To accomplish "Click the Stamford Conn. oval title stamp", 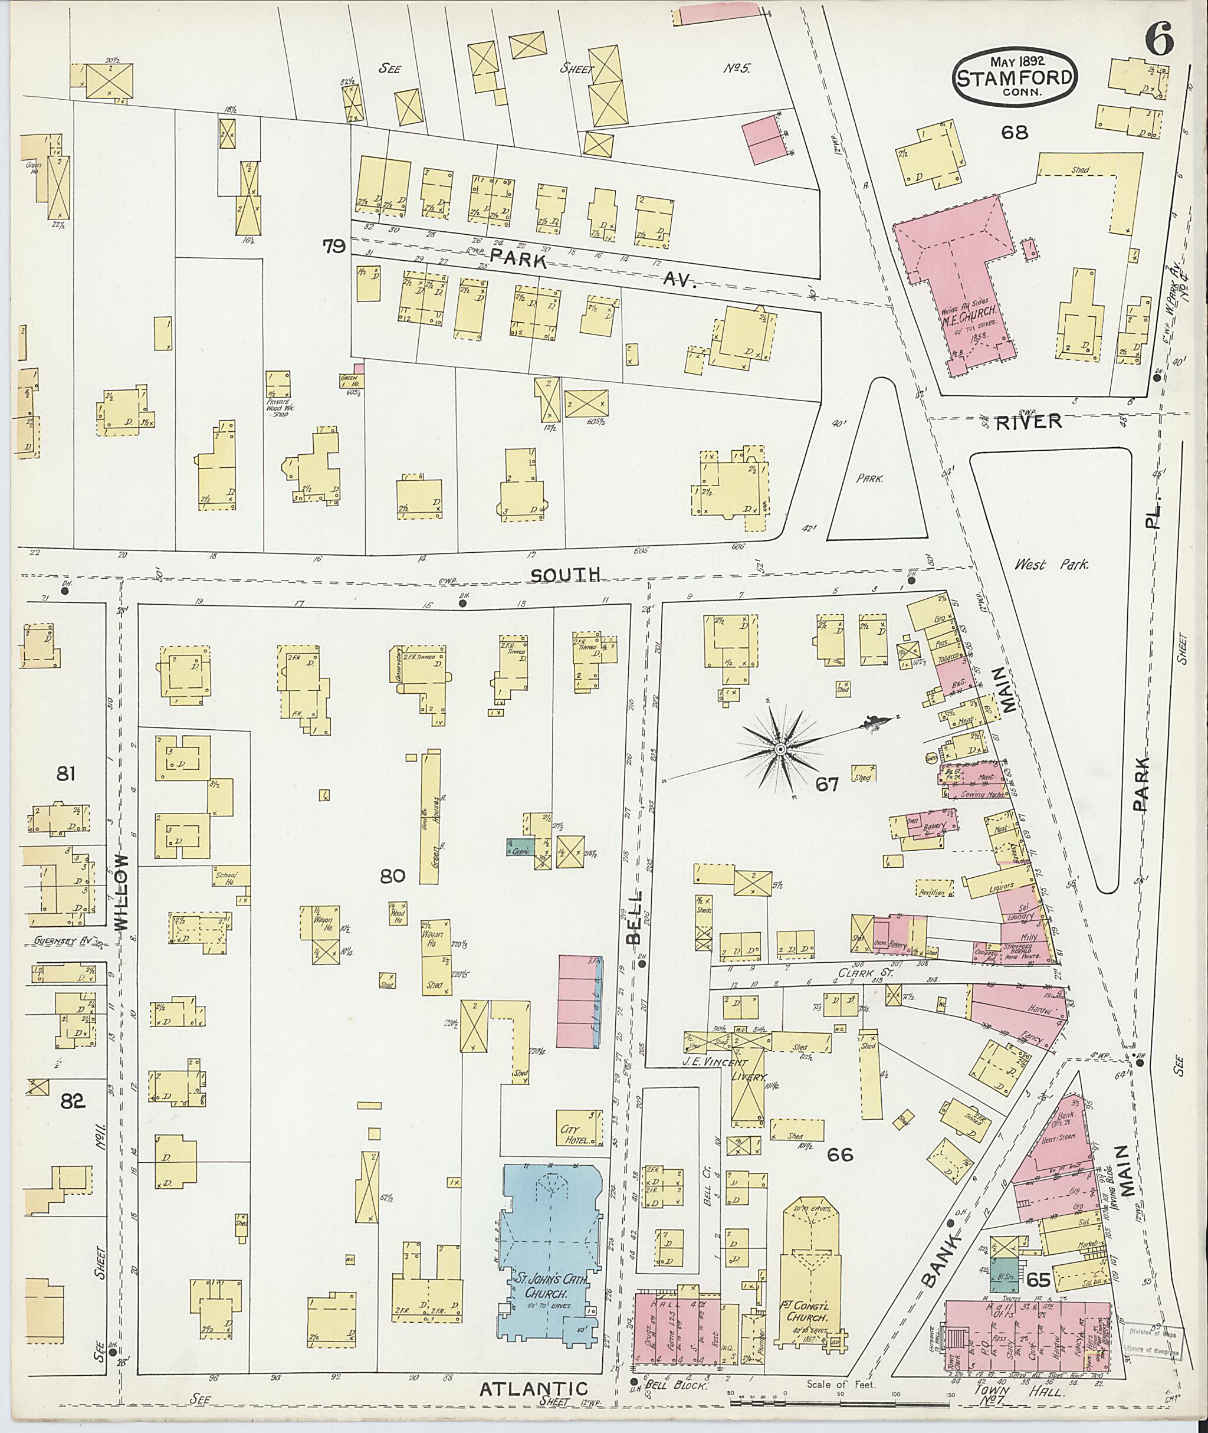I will point(1014,77).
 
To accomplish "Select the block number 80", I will point(394,875).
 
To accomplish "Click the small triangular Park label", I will point(869,480).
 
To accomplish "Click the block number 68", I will point(1014,132).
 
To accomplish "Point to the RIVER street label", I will point(1029,422).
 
